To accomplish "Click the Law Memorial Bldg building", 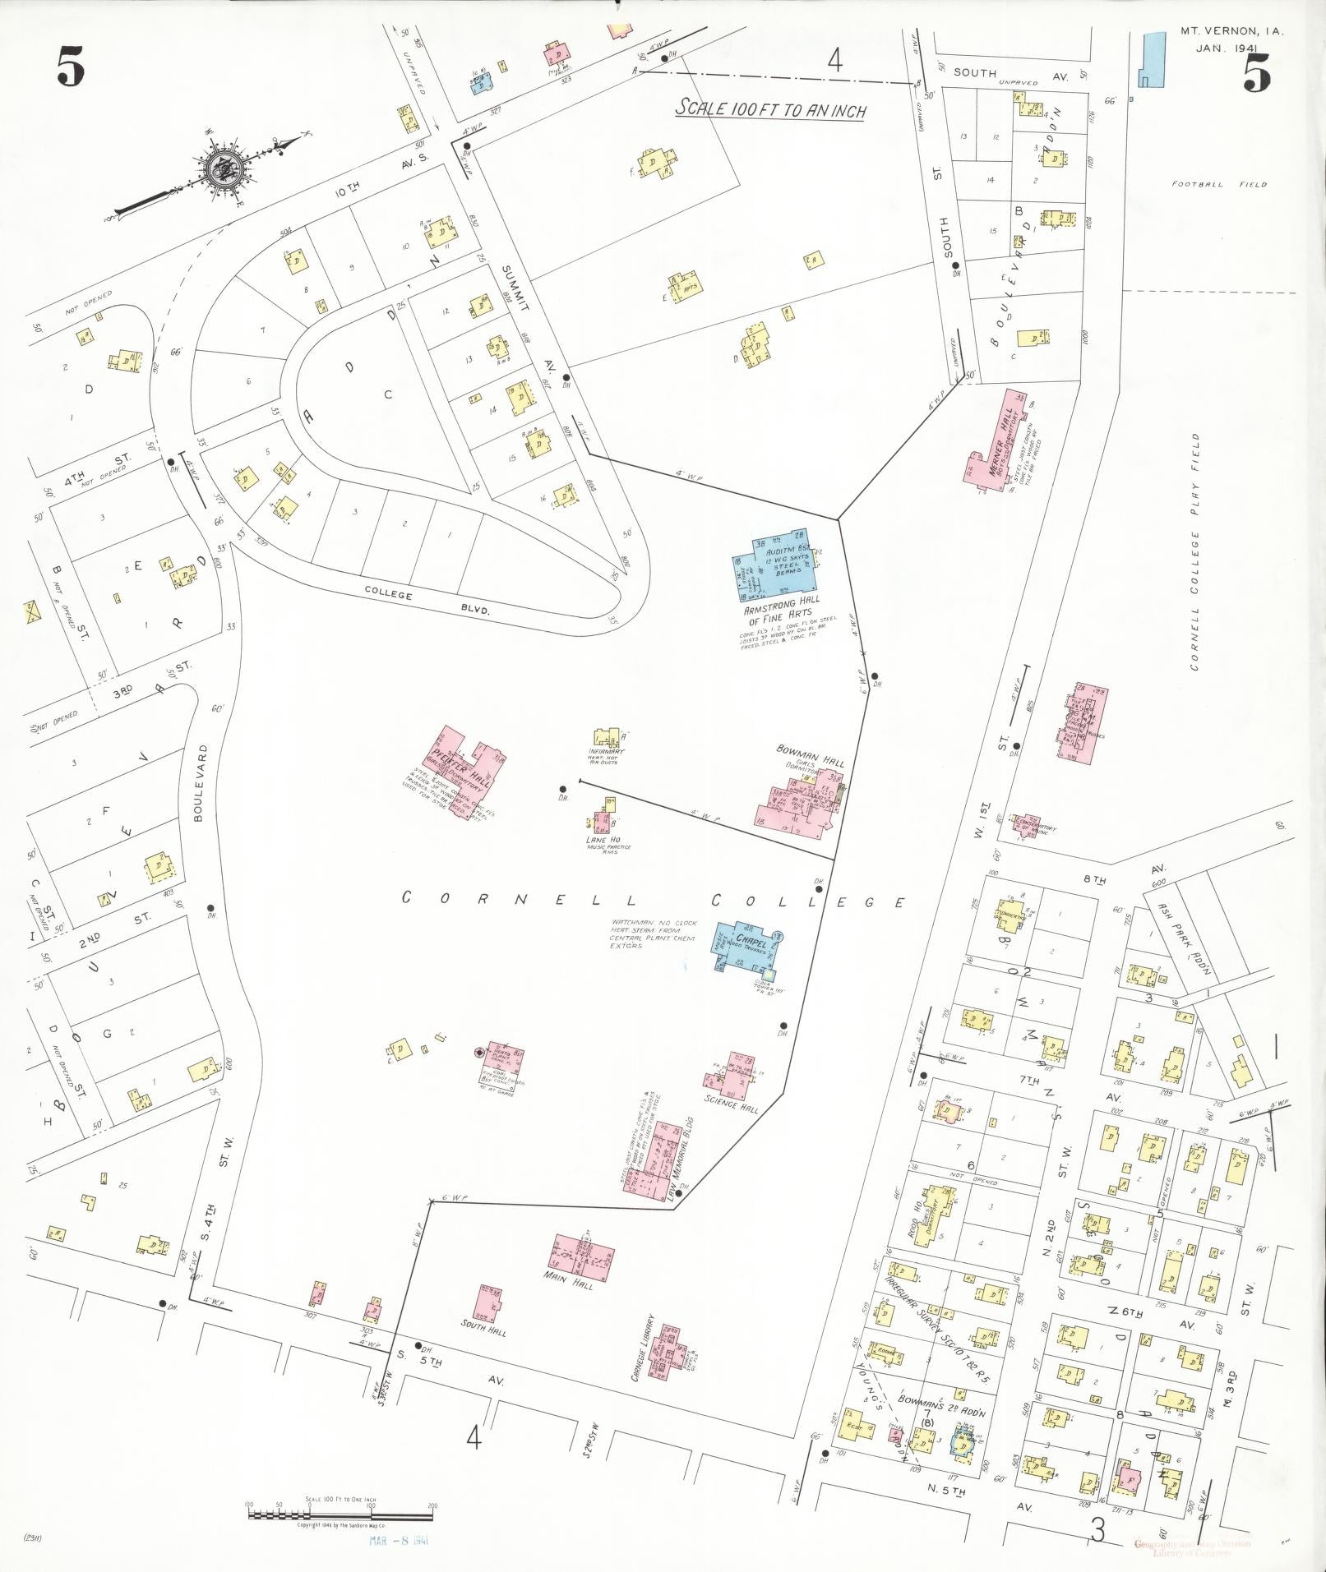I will pyautogui.click(x=666, y=1162).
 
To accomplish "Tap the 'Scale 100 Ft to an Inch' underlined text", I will pyautogui.click(x=770, y=109).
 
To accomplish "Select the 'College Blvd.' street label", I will pyautogui.click(x=427, y=602).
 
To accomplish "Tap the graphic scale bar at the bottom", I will pyautogui.click(x=340, y=1512).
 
